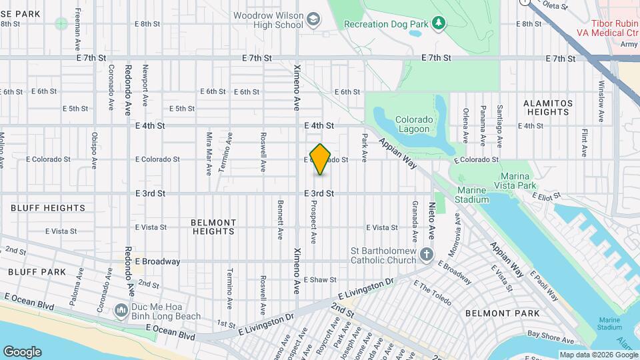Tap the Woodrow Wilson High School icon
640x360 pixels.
tap(312, 21)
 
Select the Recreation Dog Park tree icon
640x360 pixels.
tap(438, 24)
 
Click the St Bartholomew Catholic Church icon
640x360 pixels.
tap(426, 255)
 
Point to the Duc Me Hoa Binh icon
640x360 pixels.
tap(121, 311)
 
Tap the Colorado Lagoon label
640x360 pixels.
tap(414, 125)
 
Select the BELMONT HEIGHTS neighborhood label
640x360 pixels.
tap(213, 227)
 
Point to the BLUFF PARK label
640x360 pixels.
tap(37, 272)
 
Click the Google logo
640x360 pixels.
tap(22, 351)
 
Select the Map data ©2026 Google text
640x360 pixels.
tap(598, 355)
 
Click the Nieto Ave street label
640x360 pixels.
tap(431, 221)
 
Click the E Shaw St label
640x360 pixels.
tap(320, 280)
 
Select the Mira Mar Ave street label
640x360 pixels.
tap(209, 153)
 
